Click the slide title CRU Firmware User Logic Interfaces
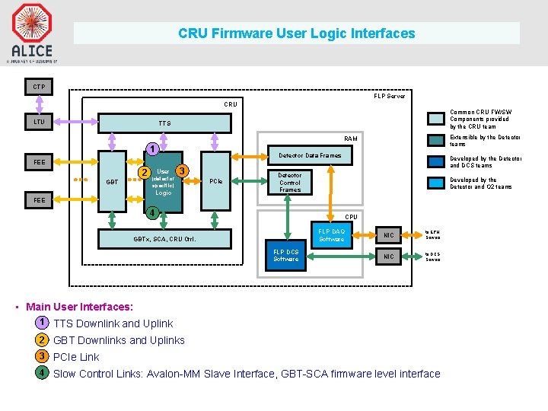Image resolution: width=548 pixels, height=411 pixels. tap(297, 33)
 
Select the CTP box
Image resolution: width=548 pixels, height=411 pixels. tap(39, 87)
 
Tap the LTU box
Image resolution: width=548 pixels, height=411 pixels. tap(39, 122)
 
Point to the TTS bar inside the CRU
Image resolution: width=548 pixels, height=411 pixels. tap(165, 123)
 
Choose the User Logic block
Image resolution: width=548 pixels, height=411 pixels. tap(163, 181)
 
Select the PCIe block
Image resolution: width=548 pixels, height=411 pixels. tap(216, 181)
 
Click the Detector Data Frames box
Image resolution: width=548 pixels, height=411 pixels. tap(310, 155)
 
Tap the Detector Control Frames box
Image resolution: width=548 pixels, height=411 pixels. tap(290, 183)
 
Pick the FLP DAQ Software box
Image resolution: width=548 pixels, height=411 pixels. tap(331, 235)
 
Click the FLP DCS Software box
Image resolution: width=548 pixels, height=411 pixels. tap(285, 255)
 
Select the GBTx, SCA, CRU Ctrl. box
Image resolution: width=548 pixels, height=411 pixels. tap(164, 239)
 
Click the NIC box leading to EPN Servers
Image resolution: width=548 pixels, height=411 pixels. tap(389, 235)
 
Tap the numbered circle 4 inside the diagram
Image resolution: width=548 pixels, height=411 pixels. tap(152, 212)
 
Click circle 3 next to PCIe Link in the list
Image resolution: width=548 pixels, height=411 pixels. tap(43, 356)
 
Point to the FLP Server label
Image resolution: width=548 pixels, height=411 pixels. tap(389, 96)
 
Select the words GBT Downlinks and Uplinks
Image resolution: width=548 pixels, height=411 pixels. tap(119, 340)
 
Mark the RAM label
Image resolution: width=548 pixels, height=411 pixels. tap(351, 139)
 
